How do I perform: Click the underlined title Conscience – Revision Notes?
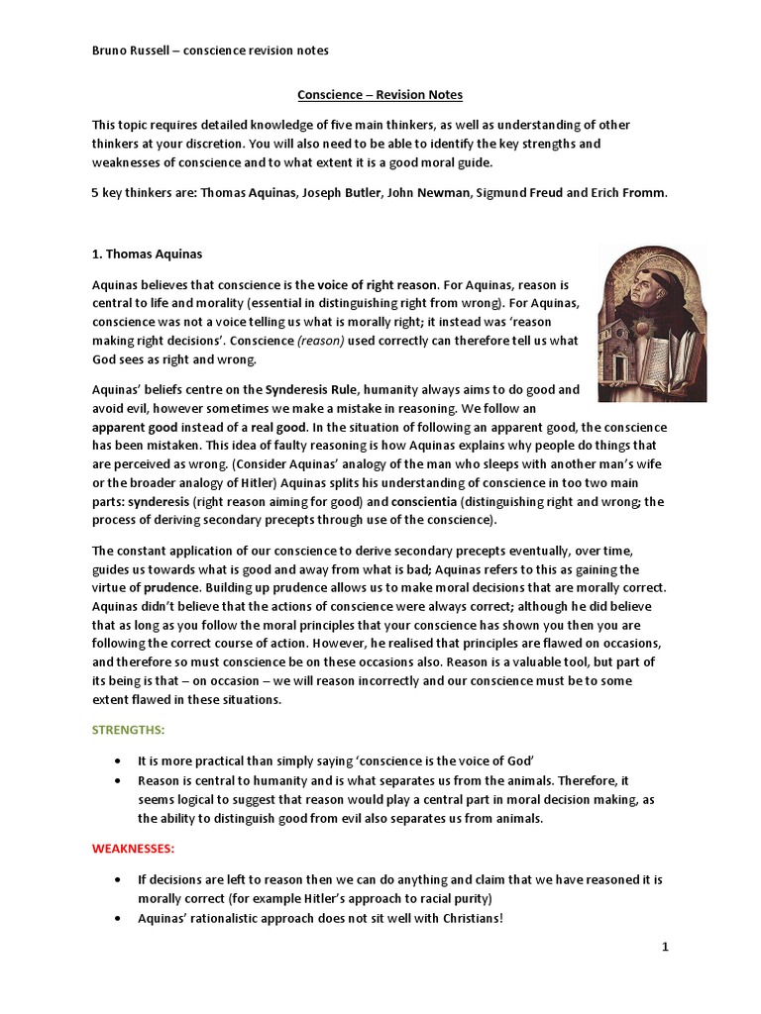[x=380, y=95]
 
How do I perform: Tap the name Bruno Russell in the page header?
[x=129, y=51]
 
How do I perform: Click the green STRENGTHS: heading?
[x=129, y=729]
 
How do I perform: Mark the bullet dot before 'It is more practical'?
[x=118, y=760]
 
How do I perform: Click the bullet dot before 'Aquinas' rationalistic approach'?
[x=118, y=918]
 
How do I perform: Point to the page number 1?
[x=666, y=948]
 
